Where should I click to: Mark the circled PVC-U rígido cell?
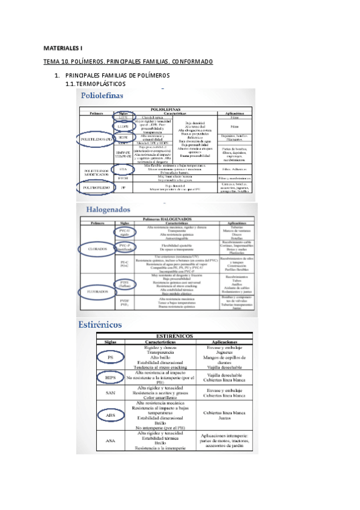[x=124, y=232]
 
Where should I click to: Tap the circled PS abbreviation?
[x=110, y=357]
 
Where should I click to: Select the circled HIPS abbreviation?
[x=110, y=376]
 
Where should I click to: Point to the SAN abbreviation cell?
[x=110, y=393]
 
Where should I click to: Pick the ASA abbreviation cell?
[x=110, y=441]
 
